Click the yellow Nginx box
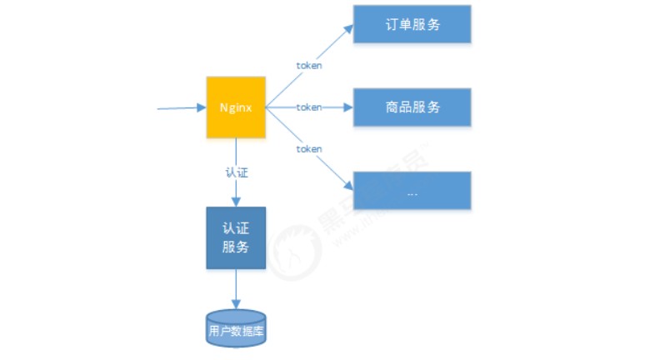click(x=236, y=107)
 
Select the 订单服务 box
click(x=412, y=24)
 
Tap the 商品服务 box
click(x=412, y=107)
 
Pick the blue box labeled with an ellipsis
click(x=412, y=191)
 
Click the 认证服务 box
click(x=236, y=237)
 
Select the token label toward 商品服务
click(x=309, y=107)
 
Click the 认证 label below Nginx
click(x=237, y=173)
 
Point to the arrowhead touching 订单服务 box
click(x=348, y=27)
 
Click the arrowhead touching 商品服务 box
click(x=349, y=107)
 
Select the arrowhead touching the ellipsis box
click(x=347, y=188)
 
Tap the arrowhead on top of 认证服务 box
click(x=236, y=202)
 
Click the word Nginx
click(x=236, y=107)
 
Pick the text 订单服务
click(x=412, y=24)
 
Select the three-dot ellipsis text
click(x=412, y=192)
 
